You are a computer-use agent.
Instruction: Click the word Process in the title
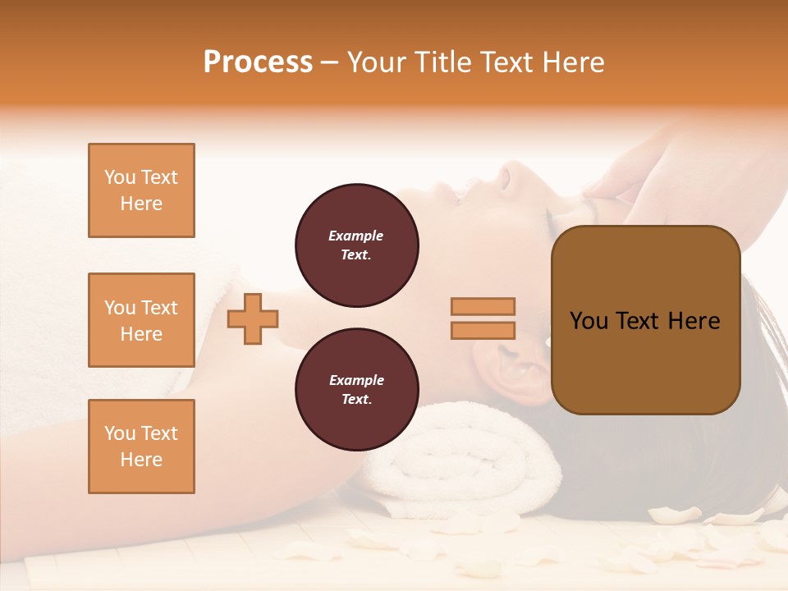pyautogui.click(x=258, y=62)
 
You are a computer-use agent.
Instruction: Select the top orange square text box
pyautogui.click(x=141, y=190)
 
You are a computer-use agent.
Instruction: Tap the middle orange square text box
pyautogui.click(x=141, y=320)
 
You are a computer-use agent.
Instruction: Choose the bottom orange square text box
pyautogui.click(x=141, y=447)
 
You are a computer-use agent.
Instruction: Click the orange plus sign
pyautogui.click(x=253, y=318)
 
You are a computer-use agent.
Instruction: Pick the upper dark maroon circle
pyautogui.click(x=356, y=245)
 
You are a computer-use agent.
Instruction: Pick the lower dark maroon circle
pyautogui.click(x=356, y=390)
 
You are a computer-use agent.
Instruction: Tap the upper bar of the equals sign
pyautogui.click(x=483, y=307)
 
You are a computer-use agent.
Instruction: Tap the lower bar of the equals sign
pyautogui.click(x=483, y=330)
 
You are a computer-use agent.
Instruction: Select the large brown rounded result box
pyautogui.click(x=645, y=320)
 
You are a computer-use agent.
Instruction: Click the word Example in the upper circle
pyautogui.click(x=356, y=236)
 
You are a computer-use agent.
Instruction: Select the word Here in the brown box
pyautogui.click(x=694, y=321)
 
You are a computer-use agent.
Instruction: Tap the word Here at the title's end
pyautogui.click(x=570, y=62)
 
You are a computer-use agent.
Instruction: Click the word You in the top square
pyautogui.click(x=120, y=177)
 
